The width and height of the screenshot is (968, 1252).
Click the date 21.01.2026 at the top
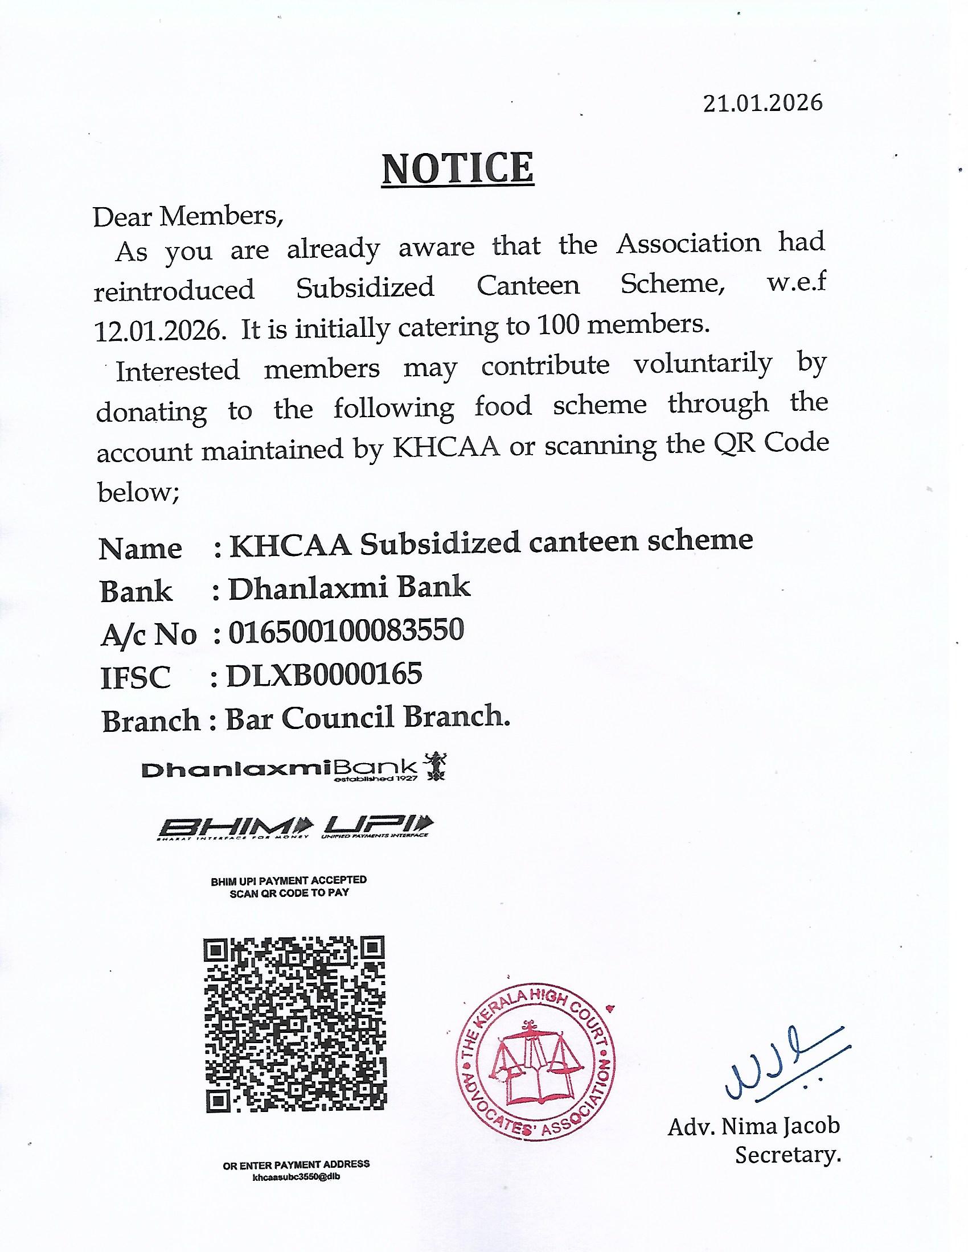click(x=762, y=103)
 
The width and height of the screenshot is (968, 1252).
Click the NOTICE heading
click(x=458, y=168)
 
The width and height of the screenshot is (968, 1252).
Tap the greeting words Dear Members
click(x=187, y=217)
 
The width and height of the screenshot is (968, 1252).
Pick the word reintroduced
click(x=174, y=290)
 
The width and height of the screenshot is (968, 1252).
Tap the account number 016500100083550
click(x=346, y=631)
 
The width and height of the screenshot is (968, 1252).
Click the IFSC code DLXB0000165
click(x=325, y=674)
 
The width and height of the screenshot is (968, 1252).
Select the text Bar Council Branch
click(x=368, y=718)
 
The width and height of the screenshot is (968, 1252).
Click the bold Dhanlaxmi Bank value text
click(x=349, y=588)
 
